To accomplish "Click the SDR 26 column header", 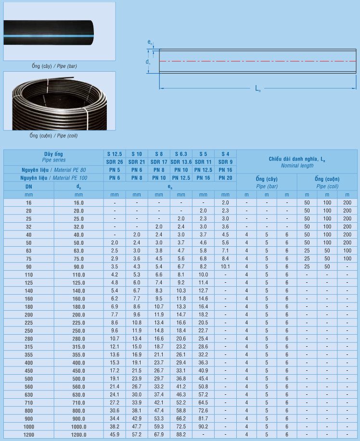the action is pos(115,162).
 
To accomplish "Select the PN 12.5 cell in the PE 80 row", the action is pos(203,170).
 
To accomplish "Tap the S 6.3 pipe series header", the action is pos(181,154).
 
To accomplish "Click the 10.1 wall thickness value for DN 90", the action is pos(225,266).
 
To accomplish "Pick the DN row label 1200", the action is pos(29,435).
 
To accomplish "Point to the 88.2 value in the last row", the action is pos(181,435).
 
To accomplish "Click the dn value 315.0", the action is pos(79,346).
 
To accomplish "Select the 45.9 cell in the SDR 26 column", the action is pos(115,435).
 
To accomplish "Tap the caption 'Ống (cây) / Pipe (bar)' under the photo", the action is pos(54,66).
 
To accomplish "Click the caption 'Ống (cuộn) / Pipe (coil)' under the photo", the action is pos(53,136).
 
